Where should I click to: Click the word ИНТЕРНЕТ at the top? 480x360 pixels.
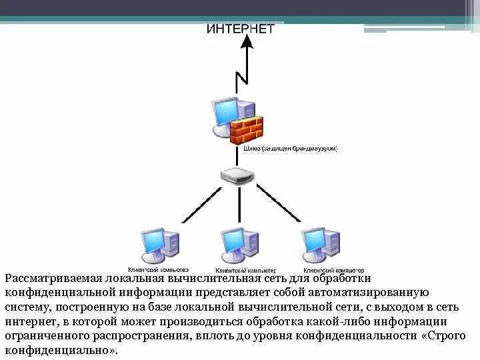240,29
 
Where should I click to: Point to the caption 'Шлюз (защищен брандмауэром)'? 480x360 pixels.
291,149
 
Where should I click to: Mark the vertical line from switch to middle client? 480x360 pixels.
239,207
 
